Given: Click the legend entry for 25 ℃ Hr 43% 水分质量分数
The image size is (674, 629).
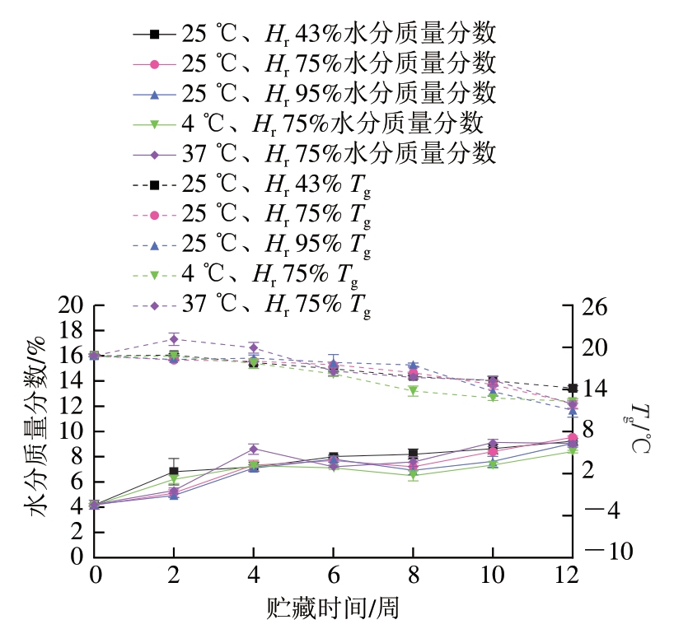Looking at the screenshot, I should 313,34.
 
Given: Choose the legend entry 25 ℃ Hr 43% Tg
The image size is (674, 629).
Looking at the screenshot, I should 251,184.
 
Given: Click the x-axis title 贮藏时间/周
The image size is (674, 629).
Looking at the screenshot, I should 333,608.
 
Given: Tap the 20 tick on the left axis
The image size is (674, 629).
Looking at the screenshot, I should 73,305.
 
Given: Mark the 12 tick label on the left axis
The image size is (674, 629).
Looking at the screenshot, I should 73,406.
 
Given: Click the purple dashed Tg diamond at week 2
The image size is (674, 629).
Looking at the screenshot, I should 174,338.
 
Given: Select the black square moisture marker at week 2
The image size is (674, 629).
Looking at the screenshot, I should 174,472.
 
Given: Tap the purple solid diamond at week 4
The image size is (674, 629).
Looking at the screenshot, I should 254,450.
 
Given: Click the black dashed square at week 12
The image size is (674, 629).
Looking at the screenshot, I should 572,389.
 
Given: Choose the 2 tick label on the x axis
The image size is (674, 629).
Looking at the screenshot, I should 174,573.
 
